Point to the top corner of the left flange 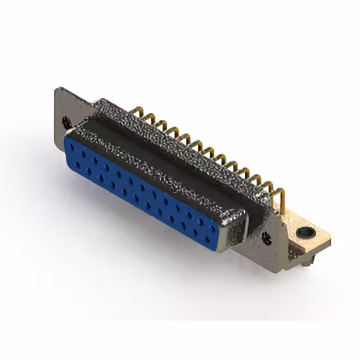pyautogui.click(x=58, y=90)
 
